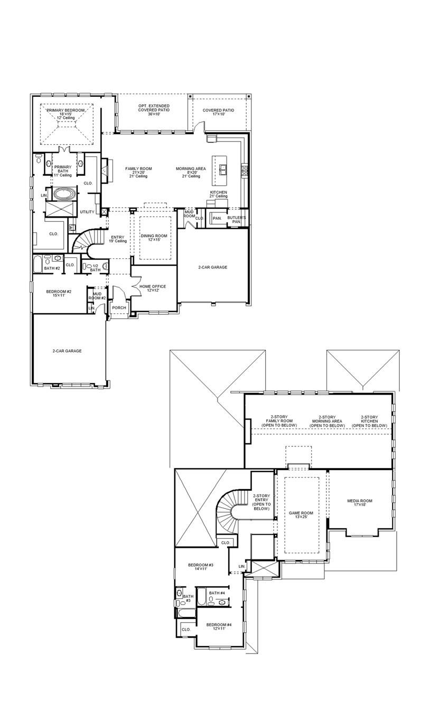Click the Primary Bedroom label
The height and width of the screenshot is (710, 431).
point(67,114)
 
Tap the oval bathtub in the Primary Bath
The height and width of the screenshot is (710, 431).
point(62,194)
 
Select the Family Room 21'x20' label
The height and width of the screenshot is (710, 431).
point(138,172)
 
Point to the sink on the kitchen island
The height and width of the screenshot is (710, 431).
point(223,169)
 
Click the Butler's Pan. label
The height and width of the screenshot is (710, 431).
point(236,219)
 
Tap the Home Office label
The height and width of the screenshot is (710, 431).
point(153,288)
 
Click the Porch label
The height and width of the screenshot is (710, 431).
point(119,307)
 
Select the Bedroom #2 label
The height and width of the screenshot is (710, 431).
point(59,294)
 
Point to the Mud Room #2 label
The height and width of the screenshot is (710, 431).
point(97,296)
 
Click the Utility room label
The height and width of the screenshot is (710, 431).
point(87,212)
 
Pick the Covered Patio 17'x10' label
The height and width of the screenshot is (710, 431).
point(218,112)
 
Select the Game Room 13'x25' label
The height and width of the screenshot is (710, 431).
point(301,515)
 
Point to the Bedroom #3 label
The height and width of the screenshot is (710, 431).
point(200,567)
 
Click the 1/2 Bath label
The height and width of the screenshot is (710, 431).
point(95,268)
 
